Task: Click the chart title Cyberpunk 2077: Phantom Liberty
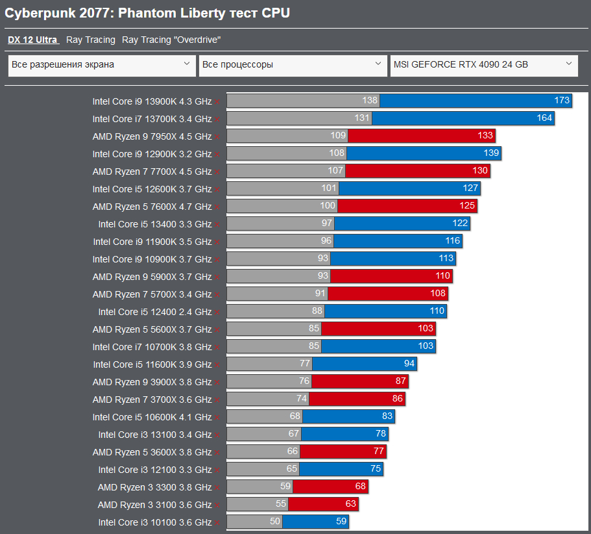pos(147,13)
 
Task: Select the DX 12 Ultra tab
pos(33,40)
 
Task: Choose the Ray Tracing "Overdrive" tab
pos(171,40)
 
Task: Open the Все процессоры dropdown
pos(293,65)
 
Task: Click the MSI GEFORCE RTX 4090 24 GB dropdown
pos(484,65)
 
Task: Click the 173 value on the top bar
pos(562,100)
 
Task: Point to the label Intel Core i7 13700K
pos(152,118)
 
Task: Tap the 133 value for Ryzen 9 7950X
pos(485,136)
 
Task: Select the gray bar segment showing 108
pos(287,153)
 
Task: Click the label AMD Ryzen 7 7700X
pos(152,172)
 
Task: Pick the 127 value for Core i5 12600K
pos(470,188)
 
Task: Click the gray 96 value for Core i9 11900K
pos(326,241)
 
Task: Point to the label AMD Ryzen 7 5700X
pos(152,294)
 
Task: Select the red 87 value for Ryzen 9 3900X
pos(400,381)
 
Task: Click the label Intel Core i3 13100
pos(155,435)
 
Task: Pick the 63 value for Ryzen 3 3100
pos(350,504)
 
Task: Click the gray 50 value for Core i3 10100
pos(274,522)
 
